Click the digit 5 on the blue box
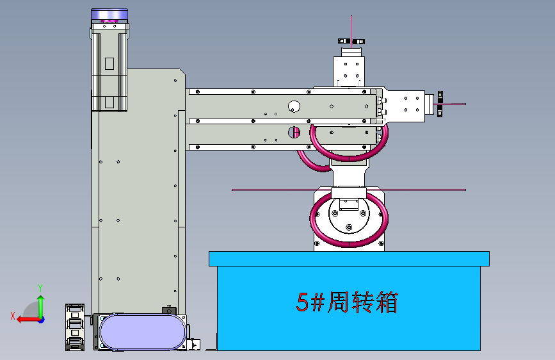pyautogui.click(x=302, y=302)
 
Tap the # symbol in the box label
pyautogui.click(x=318, y=302)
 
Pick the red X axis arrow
pyautogui.click(x=24, y=318)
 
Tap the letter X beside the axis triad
pyautogui.click(x=12, y=315)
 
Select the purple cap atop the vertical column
pyautogui.click(x=109, y=15)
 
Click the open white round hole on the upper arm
pyautogui.click(x=294, y=106)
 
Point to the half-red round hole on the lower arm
pyautogui.click(x=294, y=133)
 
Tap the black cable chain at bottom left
pyautogui.click(x=75, y=327)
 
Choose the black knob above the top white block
pyautogui.click(x=351, y=42)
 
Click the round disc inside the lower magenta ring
pyautogui.click(x=349, y=218)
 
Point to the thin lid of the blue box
pyautogui.click(x=349, y=258)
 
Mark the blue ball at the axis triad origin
pyautogui.click(x=41, y=318)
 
